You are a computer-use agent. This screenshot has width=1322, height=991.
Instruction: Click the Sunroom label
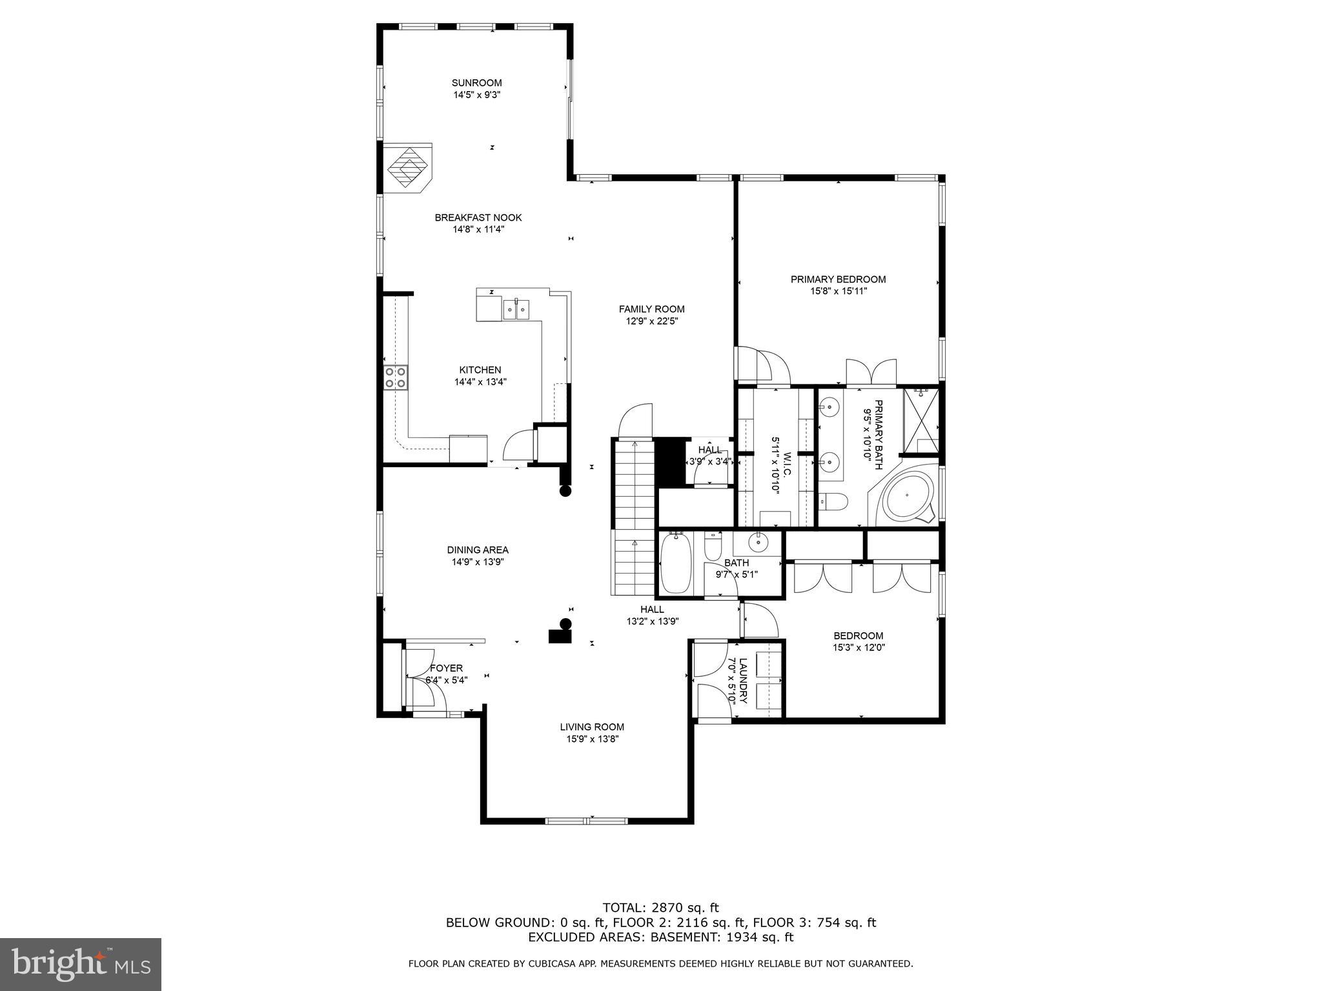[476, 83]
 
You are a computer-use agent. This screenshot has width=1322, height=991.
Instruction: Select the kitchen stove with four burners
[396, 377]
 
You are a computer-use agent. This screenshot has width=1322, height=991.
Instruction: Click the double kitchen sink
[516, 309]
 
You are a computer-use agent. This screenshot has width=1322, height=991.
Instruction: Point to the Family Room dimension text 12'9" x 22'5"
[651, 321]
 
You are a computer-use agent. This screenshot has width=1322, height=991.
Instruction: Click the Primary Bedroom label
[838, 279]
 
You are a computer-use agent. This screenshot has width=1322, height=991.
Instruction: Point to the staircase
[634, 516]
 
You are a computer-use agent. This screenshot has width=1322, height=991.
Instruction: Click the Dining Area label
[478, 550]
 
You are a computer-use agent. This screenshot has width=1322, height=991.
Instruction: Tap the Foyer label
[446, 668]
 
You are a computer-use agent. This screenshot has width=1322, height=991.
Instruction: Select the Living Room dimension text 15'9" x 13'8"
[593, 739]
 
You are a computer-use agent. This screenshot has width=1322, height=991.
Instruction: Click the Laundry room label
[743, 681]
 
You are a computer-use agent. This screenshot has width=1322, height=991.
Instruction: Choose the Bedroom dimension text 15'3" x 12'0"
[859, 648]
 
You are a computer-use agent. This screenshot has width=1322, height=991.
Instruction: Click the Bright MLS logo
[81, 963]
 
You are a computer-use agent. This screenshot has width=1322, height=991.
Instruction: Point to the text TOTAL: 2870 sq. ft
[660, 908]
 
